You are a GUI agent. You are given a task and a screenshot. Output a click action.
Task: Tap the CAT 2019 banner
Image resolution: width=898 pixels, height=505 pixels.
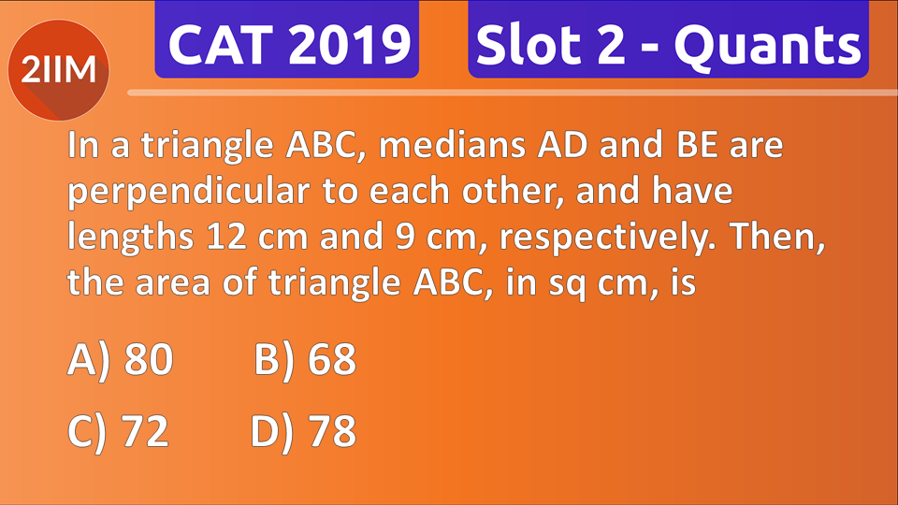pyautogui.click(x=287, y=40)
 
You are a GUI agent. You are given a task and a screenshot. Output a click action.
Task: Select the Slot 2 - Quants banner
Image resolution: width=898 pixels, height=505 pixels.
pyautogui.click(x=668, y=40)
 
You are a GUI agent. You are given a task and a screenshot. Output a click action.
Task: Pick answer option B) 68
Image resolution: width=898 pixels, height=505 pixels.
pyautogui.click(x=305, y=361)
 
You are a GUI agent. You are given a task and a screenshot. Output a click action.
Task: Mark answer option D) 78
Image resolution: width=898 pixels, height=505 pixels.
pyautogui.click(x=304, y=431)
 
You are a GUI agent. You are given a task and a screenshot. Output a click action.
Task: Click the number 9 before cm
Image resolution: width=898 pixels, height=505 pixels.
pyautogui.click(x=397, y=238)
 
